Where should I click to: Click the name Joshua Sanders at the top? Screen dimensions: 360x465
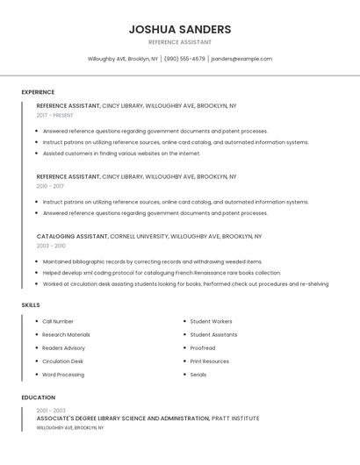180,29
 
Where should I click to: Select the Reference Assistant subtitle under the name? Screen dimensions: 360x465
180,42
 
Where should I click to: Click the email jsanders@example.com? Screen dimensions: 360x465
241,59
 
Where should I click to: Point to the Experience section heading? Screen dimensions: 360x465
38,92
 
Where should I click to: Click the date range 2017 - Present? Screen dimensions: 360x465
54,115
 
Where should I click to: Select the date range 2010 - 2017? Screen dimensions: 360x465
50,186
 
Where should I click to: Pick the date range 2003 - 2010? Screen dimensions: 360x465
51,246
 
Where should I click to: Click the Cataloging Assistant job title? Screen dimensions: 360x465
72,236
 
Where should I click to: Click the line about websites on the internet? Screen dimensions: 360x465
121,153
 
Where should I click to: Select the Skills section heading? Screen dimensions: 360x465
31,305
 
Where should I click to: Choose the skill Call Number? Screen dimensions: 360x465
58,321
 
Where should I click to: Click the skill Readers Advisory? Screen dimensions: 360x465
63,347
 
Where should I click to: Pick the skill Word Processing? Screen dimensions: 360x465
63,375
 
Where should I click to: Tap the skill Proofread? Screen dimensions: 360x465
203,347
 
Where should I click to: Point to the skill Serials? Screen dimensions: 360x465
198,375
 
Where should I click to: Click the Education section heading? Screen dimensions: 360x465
39,397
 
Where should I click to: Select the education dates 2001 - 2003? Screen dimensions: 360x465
51,410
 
